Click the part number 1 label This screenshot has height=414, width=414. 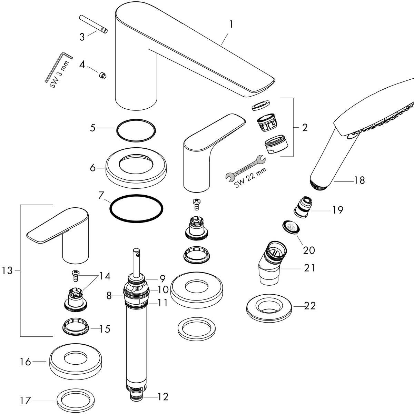231,24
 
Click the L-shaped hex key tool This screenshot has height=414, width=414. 59,66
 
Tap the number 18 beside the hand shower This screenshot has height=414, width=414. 359,180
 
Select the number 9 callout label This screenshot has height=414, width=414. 162,278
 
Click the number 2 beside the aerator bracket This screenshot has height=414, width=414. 304,128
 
